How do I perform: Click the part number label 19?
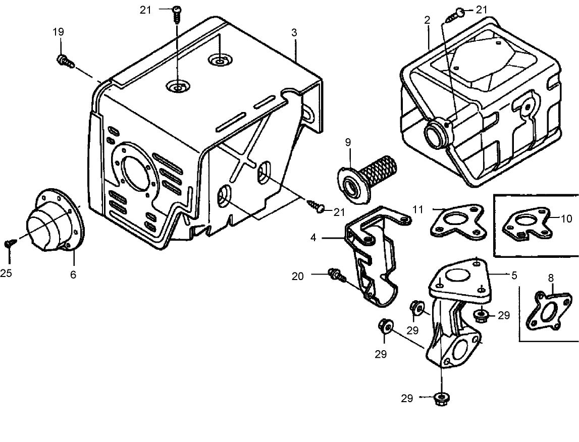59,32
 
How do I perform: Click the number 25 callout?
6,273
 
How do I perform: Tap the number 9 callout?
348,142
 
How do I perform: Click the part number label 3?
294,32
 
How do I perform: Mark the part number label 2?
427,20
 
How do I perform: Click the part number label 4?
313,237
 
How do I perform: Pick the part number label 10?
566,218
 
